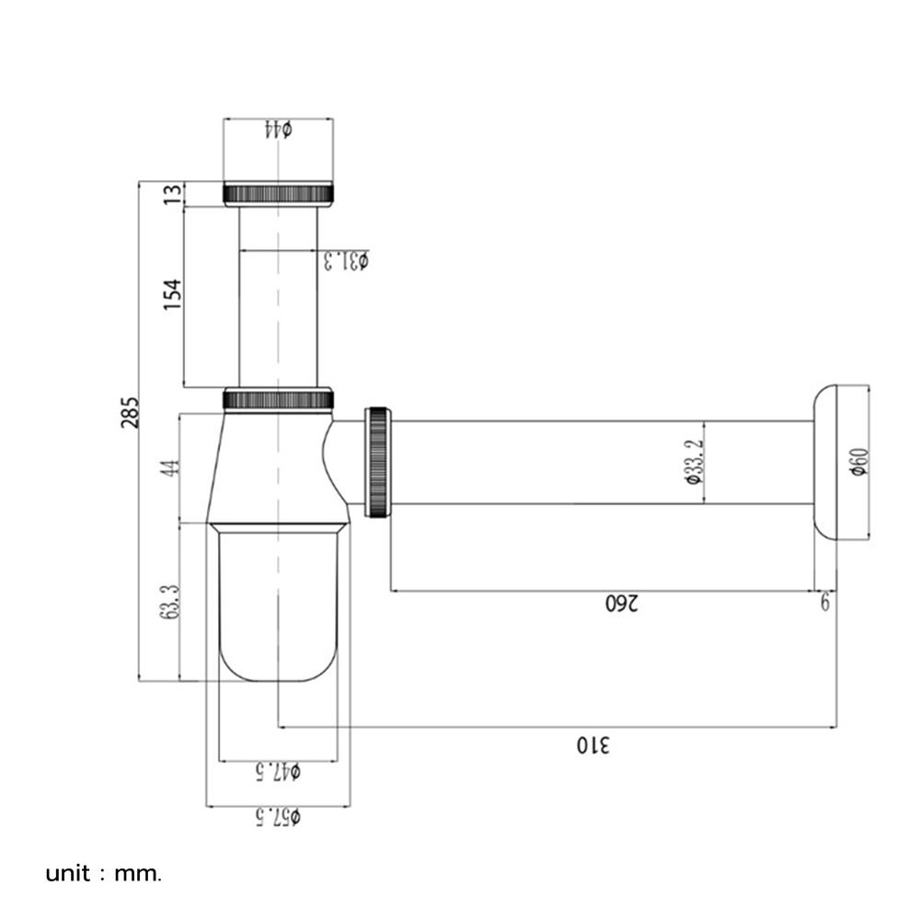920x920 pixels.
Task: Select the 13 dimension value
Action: tap(172, 194)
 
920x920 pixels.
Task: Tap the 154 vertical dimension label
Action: tap(172, 294)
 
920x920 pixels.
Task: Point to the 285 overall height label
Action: tap(129, 412)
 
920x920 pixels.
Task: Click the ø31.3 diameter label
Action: tap(346, 260)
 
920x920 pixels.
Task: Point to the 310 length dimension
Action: tap(593, 743)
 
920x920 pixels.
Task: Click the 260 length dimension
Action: tap(623, 604)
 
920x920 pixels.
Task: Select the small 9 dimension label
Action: tap(825, 603)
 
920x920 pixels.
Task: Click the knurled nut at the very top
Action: tap(278, 194)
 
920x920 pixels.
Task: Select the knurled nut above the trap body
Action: tap(278, 399)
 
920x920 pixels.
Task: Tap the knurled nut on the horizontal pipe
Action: tap(378, 462)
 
